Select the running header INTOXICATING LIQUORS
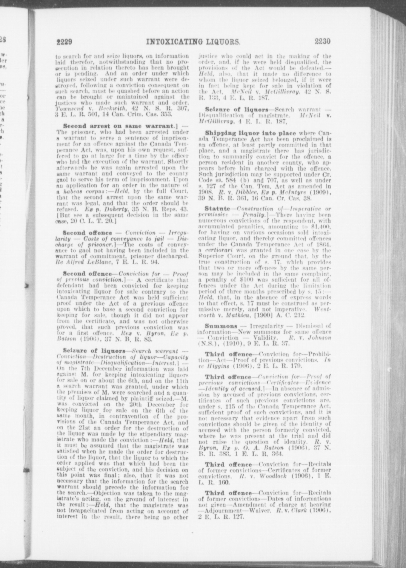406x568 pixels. [193, 41]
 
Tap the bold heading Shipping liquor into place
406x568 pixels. [250, 133]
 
